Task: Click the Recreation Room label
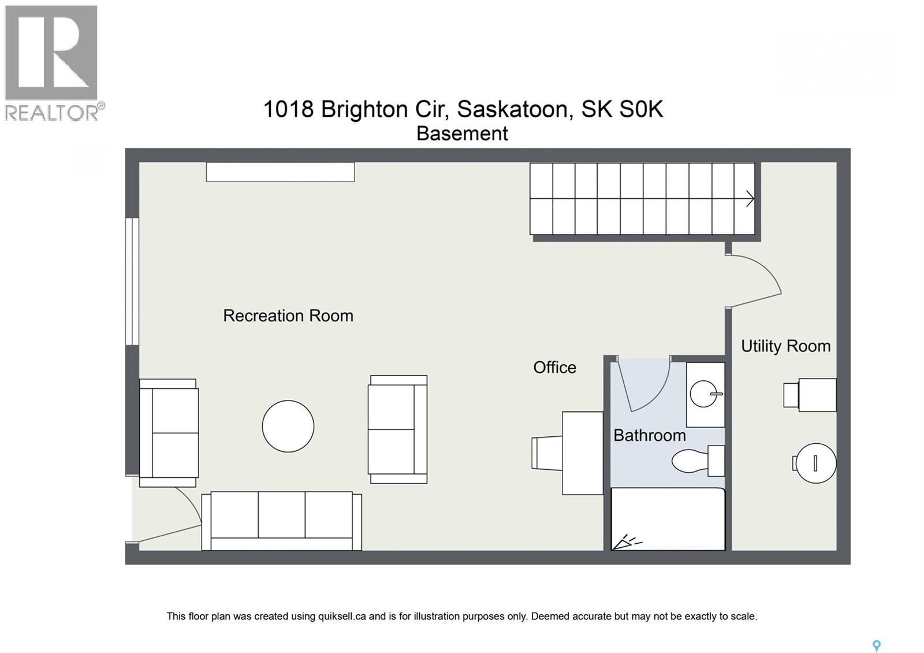coord(288,316)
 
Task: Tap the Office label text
coord(554,368)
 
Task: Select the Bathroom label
coord(649,435)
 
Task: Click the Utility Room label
coord(785,346)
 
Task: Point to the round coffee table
coord(288,426)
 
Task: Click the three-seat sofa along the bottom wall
coord(281,521)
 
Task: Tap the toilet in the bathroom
coord(696,461)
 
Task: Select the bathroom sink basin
coord(706,394)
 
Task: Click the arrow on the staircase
coord(750,199)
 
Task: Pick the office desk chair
coord(546,453)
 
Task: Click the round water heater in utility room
coord(814,463)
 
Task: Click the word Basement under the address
coord(462,133)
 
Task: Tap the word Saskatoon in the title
coord(512,109)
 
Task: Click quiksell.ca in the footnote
coord(342,616)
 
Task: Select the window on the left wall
coord(132,281)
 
